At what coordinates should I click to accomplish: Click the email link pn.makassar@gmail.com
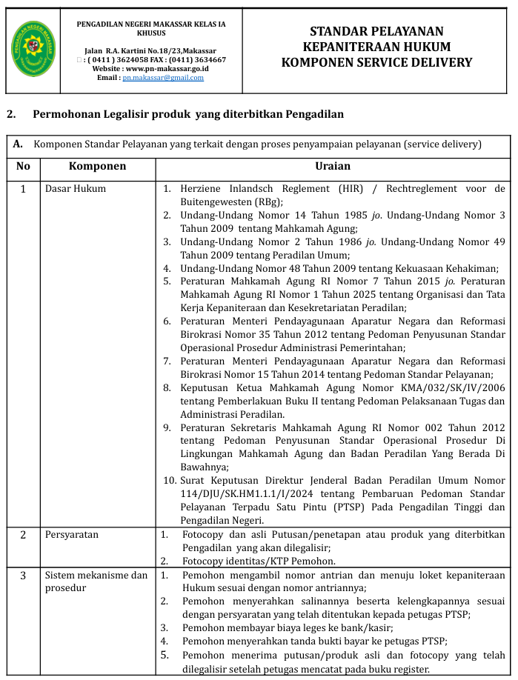tap(163, 78)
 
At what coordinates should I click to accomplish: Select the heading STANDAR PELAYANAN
tap(376, 31)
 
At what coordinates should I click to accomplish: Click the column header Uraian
tap(332, 167)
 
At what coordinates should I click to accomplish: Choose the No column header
tap(23, 167)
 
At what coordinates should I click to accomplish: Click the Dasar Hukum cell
tap(76, 189)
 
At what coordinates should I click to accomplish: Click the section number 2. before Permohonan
tap(11, 114)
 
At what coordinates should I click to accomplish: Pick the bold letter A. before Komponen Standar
tap(19, 144)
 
